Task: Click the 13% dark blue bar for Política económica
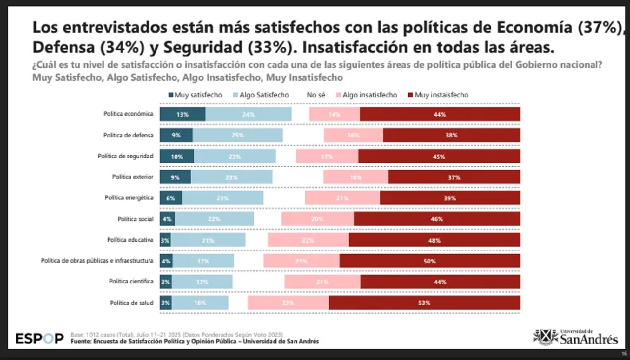tap(182, 114)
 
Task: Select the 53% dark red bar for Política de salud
tap(424, 303)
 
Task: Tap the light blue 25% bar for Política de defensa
tap(237, 135)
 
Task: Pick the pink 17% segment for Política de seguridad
tap(327, 157)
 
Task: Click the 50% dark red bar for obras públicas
tap(429, 261)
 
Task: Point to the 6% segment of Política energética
tap(171, 198)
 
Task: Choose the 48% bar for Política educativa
tap(434, 240)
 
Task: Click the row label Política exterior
tap(133, 177)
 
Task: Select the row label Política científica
tap(131, 281)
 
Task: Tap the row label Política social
tap(135, 219)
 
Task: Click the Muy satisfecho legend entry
tap(195, 95)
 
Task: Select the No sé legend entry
tap(316, 95)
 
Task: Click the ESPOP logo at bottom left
tap(40, 338)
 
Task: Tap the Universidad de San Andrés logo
tap(576, 337)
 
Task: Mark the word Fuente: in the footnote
tap(81, 341)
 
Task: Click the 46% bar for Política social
tap(437, 219)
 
